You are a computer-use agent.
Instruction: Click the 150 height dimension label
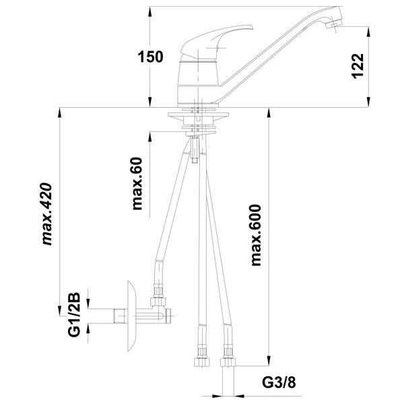click(x=150, y=57)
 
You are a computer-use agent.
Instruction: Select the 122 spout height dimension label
click(x=358, y=66)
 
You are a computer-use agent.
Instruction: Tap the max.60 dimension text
click(x=137, y=183)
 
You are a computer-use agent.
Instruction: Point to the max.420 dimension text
click(x=47, y=213)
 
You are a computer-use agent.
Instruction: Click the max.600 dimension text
click(x=256, y=235)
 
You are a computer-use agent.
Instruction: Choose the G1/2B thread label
click(x=74, y=314)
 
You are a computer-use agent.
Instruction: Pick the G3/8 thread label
click(x=279, y=382)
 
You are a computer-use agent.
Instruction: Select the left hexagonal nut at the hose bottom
click(x=202, y=362)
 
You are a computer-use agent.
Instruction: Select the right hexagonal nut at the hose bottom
click(x=228, y=362)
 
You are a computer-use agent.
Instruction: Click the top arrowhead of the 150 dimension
click(x=150, y=11)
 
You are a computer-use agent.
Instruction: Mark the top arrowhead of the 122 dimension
click(x=369, y=31)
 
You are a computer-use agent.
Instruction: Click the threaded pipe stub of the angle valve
click(x=119, y=316)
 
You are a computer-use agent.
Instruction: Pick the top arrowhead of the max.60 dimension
click(x=150, y=137)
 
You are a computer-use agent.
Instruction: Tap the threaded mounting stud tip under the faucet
click(x=195, y=160)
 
